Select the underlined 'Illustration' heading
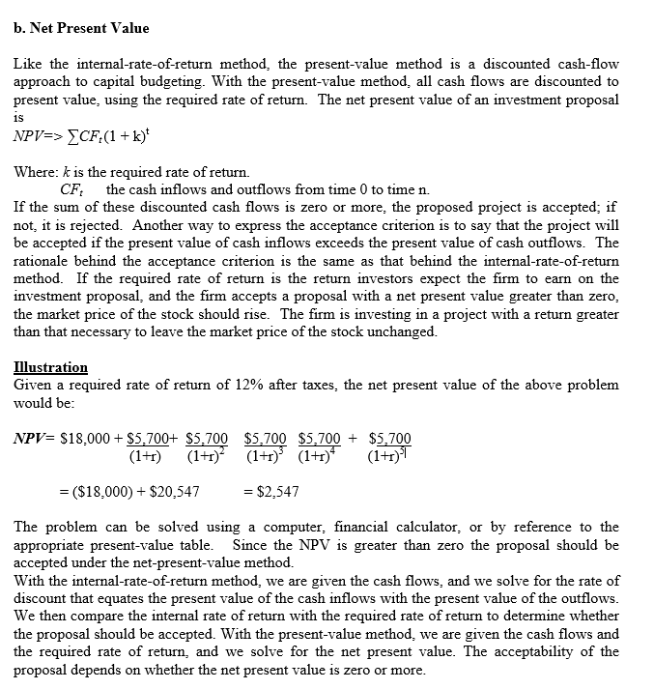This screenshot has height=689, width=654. (50, 367)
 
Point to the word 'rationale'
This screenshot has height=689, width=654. (43, 260)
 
